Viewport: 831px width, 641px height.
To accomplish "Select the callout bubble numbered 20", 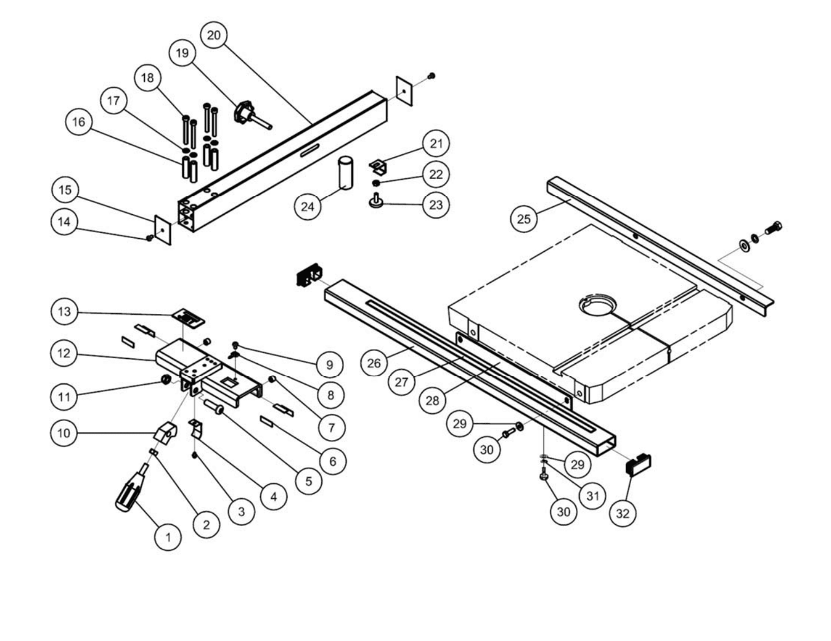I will click(x=214, y=35).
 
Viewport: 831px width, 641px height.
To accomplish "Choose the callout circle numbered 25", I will click(x=524, y=218).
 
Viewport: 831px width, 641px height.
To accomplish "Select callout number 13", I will click(x=64, y=312).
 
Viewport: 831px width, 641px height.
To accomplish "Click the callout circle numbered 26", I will click(x=374, y=363).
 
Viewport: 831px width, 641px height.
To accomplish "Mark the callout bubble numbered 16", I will click(x=79, y=123).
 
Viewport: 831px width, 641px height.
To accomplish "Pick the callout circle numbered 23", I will click(x=436, y=205).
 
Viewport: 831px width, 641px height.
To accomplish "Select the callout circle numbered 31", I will click(x=592, y=496).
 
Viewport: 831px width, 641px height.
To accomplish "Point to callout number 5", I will click(x=308, y=481).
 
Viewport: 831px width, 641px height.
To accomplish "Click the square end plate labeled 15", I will click(x=162, y=230).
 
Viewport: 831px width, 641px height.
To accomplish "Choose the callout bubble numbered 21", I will click(x=436, y=143).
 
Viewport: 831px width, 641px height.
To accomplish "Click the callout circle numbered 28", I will click(x=432, y=400).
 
